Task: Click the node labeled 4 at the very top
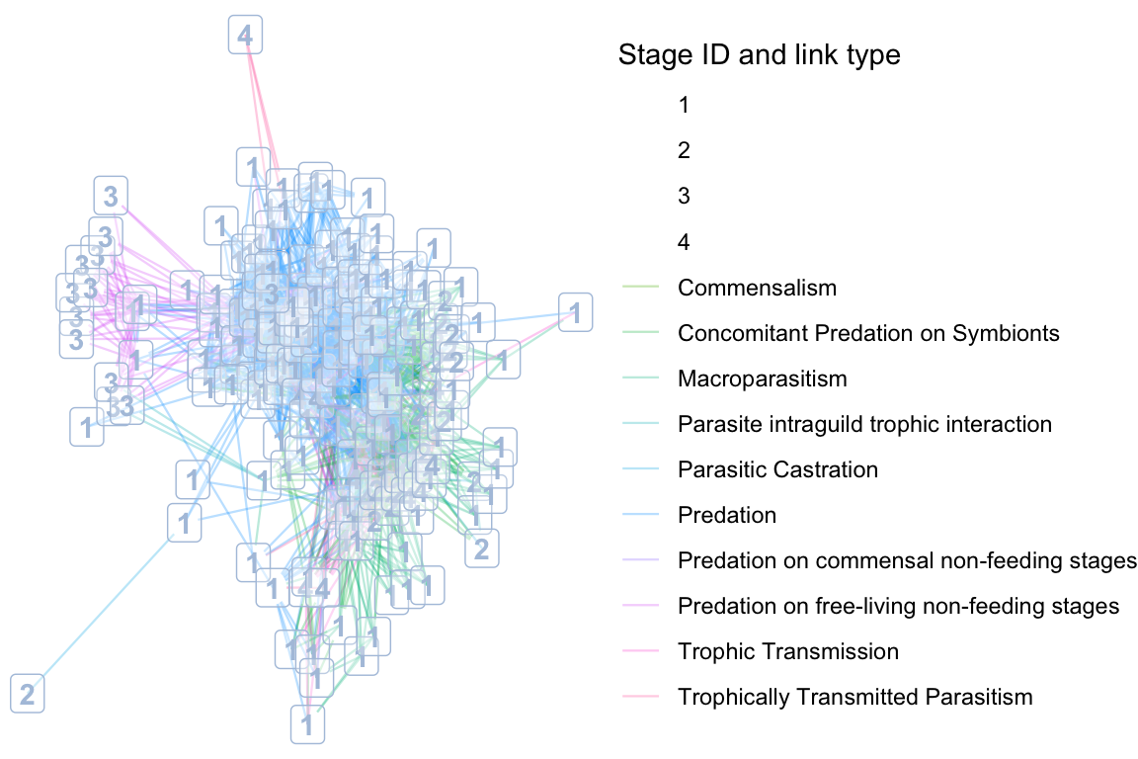click(245, 37)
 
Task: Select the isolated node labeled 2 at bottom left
click(27, 693)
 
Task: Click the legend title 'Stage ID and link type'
click(759, 55)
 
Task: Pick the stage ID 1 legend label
click(684, 106)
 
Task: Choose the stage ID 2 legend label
click(684, 151)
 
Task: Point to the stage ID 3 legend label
click(684, 197)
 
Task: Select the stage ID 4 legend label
click(684, 242)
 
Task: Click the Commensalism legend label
click(757, 289)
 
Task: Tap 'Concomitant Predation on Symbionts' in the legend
click(868, 334)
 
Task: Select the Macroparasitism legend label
click(762, 379)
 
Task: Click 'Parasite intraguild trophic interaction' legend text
click(864, 425)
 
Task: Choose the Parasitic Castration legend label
click(777, 470)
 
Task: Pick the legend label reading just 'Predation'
click(727, 516)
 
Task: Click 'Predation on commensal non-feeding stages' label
click(907, 561)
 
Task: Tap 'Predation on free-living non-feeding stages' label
click(898, 606)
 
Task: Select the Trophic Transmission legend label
click(788, 651)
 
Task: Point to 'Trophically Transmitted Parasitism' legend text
click(854, 697)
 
